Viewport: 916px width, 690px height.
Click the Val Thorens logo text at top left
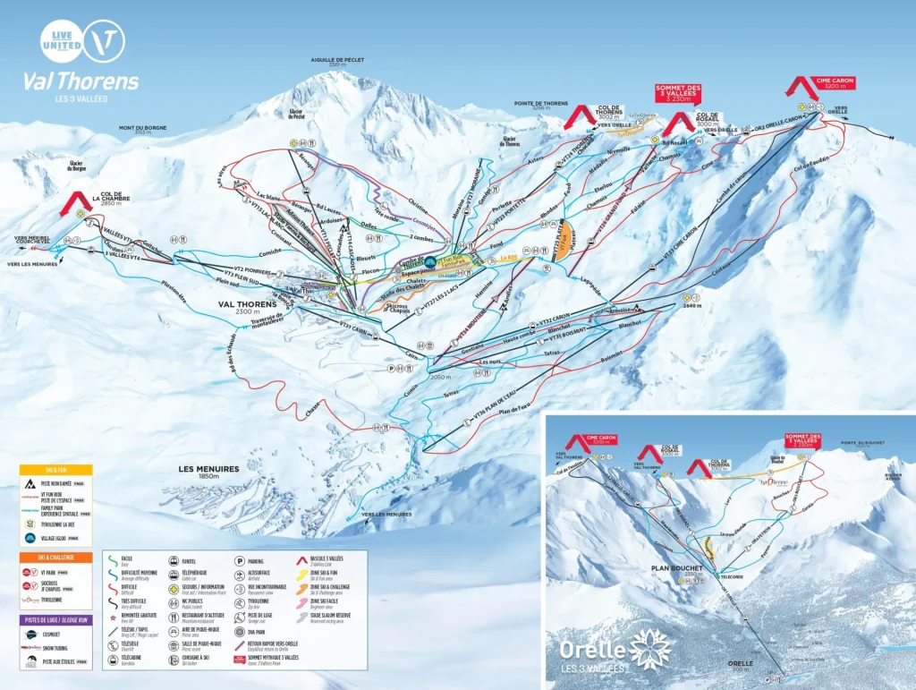(81, 81)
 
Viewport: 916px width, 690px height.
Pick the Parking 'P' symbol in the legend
(240, 561)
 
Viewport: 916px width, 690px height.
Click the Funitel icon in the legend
(172, 561)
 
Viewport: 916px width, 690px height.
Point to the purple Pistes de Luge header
(57, 618)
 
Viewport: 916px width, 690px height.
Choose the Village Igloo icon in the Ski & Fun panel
(30, 538)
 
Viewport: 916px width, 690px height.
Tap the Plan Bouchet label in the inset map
(678, 567)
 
